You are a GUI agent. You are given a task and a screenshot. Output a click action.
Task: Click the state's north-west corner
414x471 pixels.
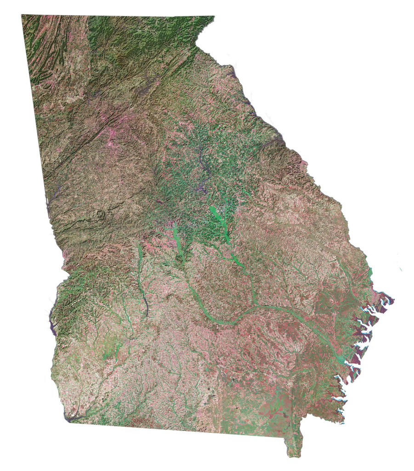(22, 16)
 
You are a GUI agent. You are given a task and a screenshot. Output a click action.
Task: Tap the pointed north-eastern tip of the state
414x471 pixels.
(214, 17)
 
